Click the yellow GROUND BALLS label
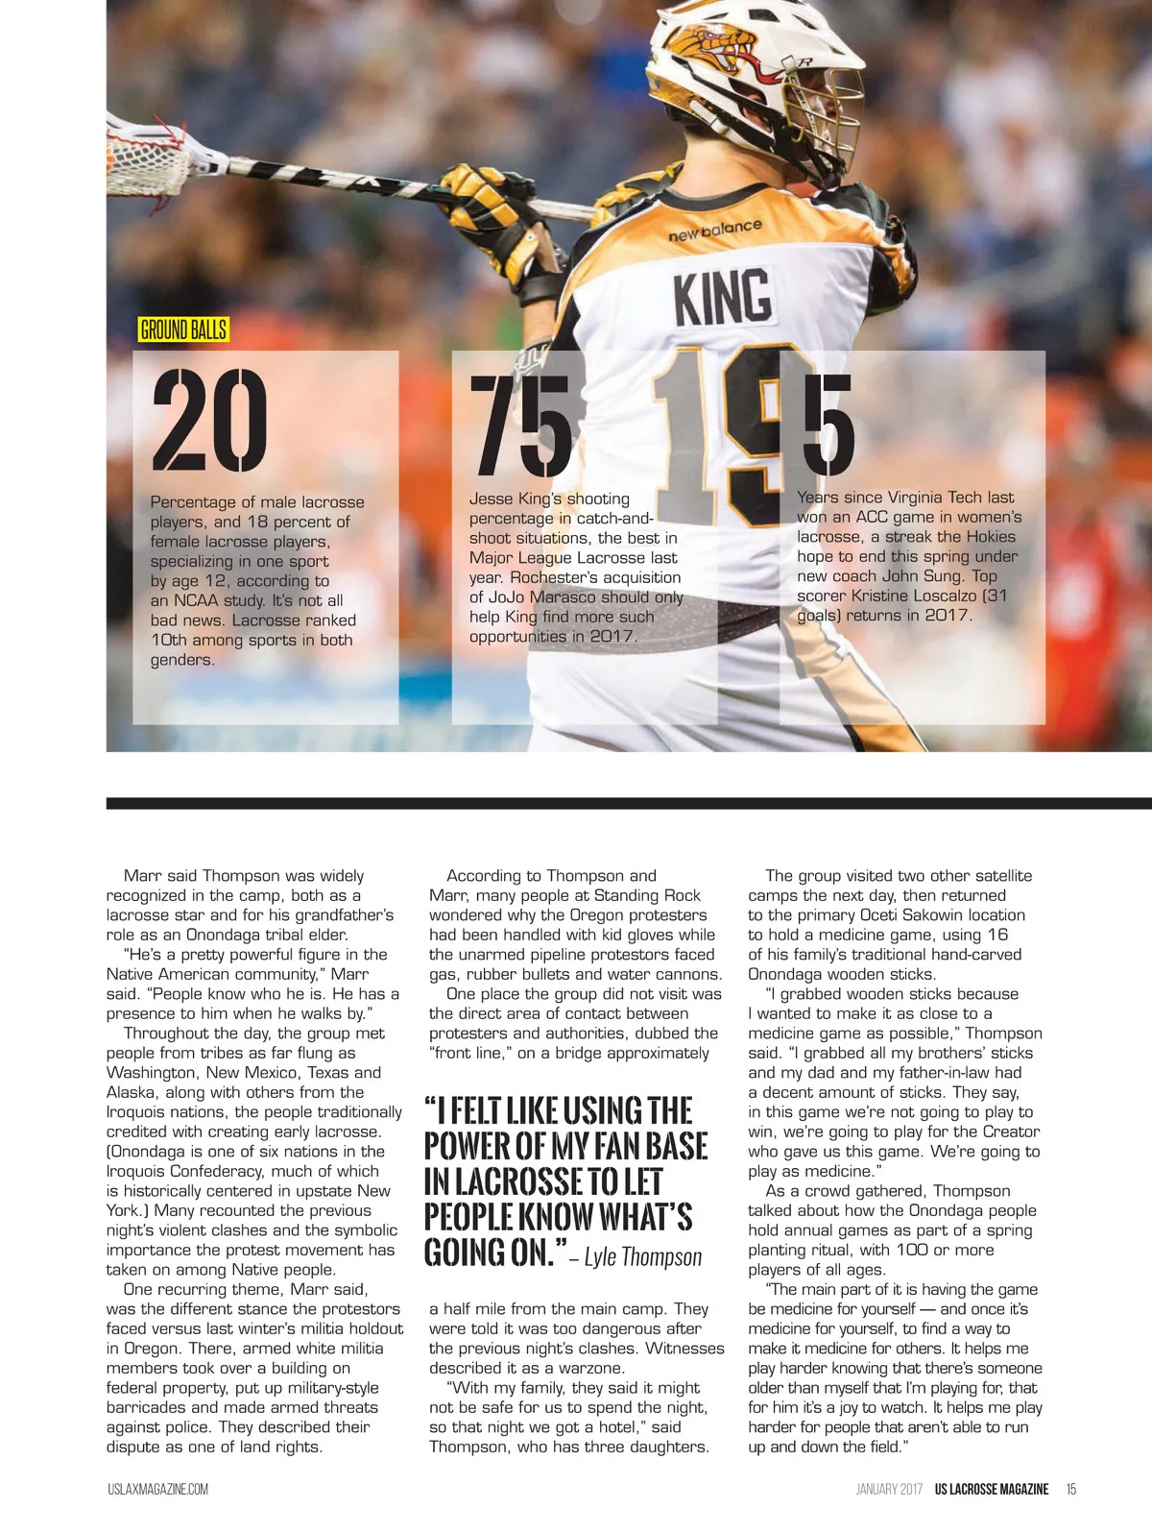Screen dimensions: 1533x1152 pos(183,329)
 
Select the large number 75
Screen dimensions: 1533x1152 pos(519,426)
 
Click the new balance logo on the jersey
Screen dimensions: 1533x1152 pos(714,231)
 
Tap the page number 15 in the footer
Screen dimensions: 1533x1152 pos(1071,1490)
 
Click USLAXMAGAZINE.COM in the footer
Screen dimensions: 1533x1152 pos(157,1490)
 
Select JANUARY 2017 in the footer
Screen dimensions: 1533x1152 pos(889,1490)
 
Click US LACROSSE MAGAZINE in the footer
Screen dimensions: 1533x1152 pos(991,1490)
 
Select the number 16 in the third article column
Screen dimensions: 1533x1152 pos(997,935)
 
